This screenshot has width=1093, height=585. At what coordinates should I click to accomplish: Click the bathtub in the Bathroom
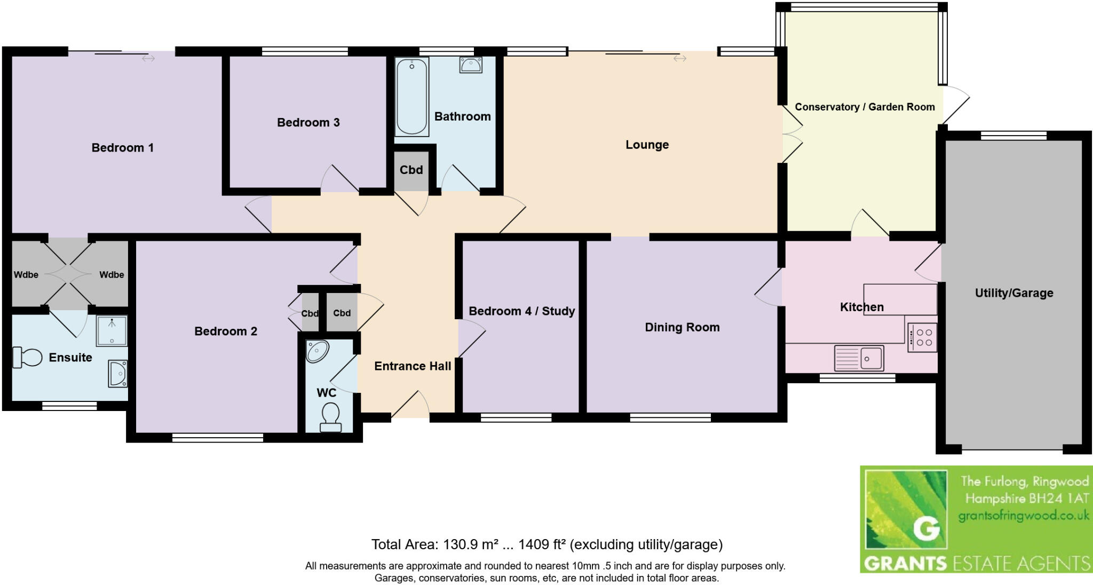coord(411,97)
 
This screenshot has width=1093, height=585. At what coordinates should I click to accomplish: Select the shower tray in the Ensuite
coord(112,330)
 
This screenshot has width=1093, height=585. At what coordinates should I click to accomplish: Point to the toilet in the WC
coord(330,417)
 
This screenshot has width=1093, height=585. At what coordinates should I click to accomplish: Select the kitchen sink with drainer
coord(859,358)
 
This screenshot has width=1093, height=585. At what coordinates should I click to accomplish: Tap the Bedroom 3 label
coord(308,122)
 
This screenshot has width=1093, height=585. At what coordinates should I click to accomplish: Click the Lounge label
coord(647,145)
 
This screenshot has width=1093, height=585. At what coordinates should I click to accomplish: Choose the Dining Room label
coord(682,327)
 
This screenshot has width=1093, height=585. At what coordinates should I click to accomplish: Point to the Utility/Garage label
coord(1013,292)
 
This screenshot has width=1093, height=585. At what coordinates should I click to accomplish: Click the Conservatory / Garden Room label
coord(865,107)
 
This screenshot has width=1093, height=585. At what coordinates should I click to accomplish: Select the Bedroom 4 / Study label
coord(521,311)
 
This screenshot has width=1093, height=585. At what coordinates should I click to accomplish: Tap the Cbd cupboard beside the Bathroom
coord(411,170)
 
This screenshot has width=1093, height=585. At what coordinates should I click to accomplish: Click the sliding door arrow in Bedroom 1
coord(148,58)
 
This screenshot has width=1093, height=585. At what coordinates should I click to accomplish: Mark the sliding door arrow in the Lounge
coord(679,58)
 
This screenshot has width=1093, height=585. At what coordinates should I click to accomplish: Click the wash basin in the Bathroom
coord(471,65)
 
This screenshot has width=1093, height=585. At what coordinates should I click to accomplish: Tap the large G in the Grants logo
coord(926,528)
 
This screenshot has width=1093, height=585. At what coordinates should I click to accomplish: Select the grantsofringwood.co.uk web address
coord(1024,516)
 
